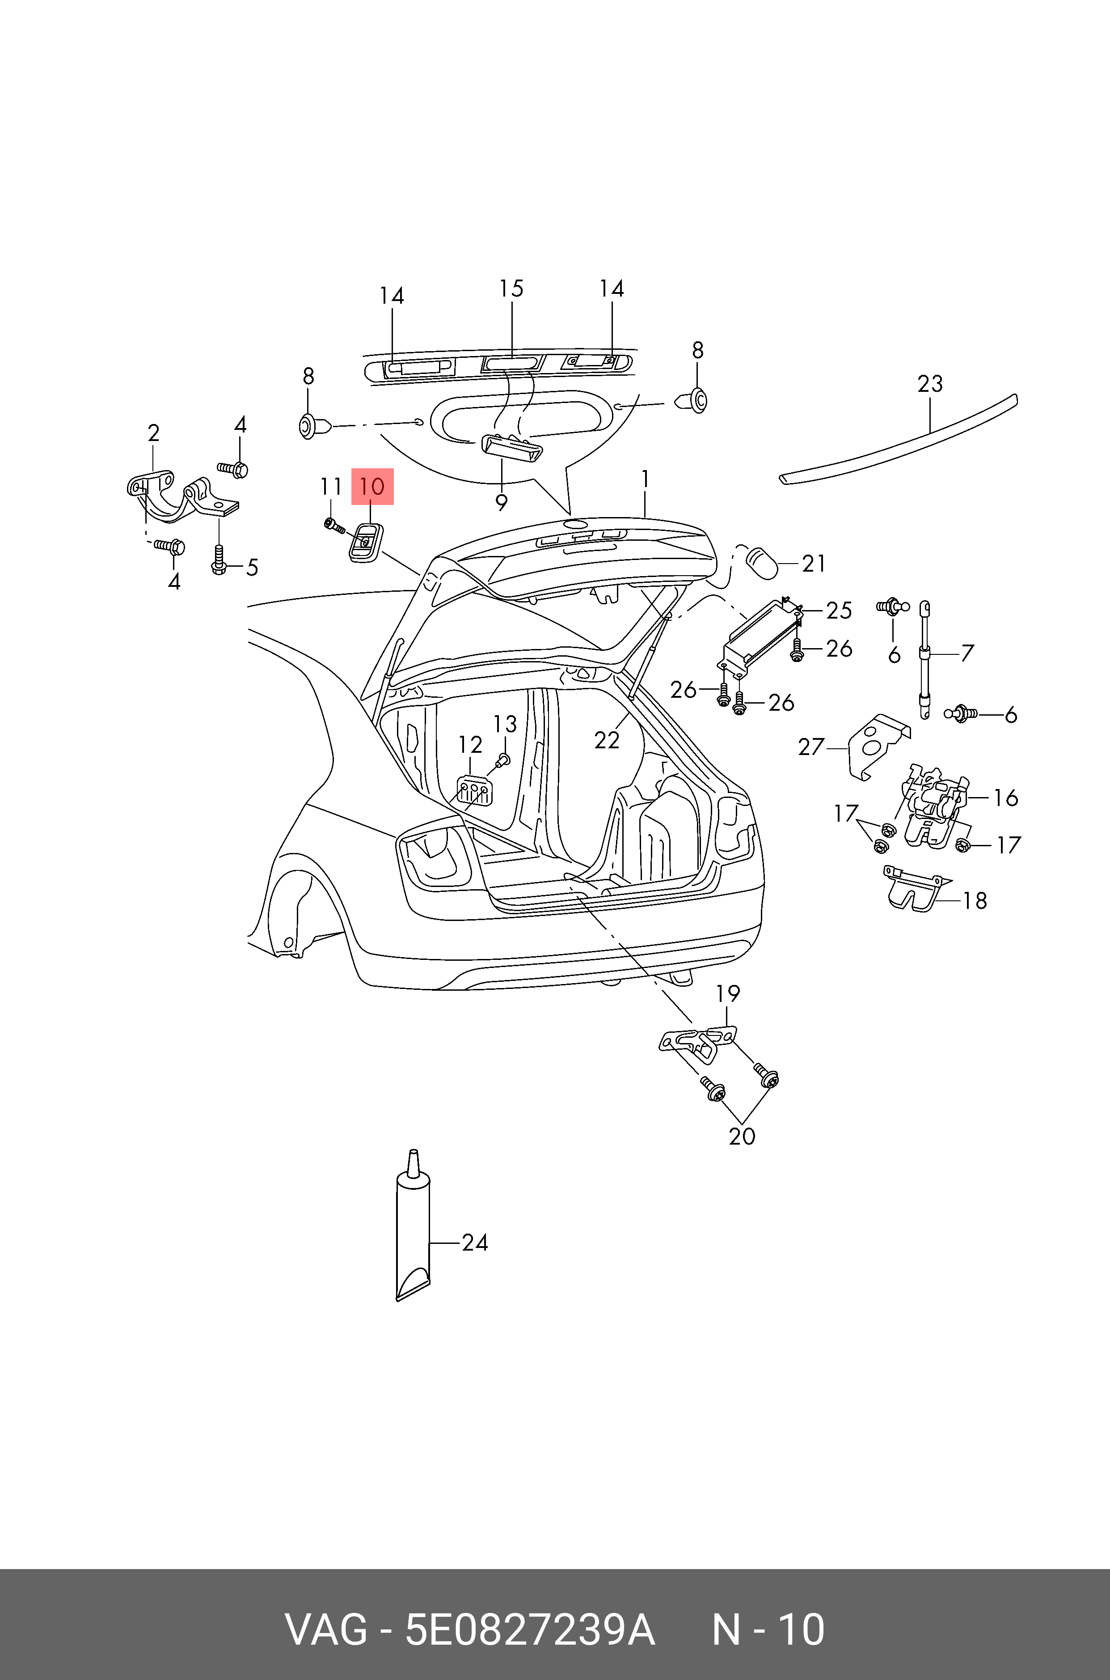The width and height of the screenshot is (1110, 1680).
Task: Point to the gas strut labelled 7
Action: (x=924, y=659)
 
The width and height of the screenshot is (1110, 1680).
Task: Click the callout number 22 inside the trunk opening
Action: (x=607, y=740)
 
